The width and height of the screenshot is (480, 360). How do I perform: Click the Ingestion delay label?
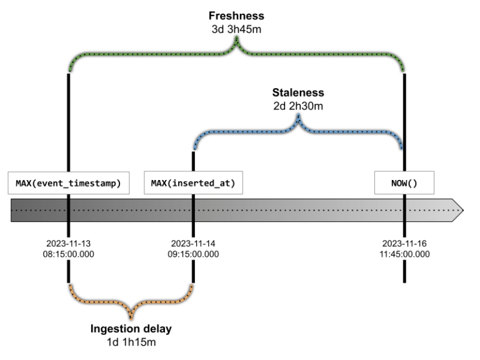pos(131,329)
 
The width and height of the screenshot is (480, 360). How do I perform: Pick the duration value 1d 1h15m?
pos(131,342)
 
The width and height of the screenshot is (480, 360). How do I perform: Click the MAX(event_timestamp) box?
pos(69,182)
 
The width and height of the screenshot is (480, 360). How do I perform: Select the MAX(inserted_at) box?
pos(193,182)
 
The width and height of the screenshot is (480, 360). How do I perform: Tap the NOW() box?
pos(403,182)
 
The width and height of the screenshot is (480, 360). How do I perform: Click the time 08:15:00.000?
pos(69,254)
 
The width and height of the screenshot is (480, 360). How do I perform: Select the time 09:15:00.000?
pos(193,254)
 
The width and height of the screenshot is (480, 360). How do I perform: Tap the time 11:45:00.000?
pos(404,254)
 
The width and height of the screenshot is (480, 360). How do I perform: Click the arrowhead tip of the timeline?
pos(462,211)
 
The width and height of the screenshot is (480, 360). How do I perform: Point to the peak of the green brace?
pos(236,40)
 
